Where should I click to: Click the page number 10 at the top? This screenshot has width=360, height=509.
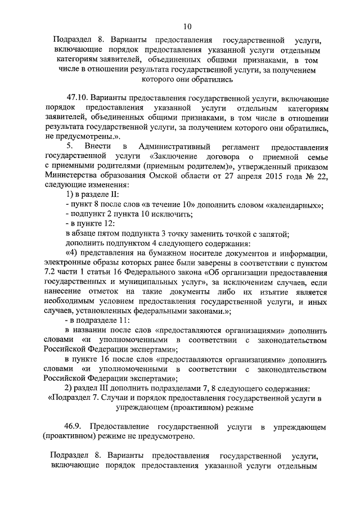187,26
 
